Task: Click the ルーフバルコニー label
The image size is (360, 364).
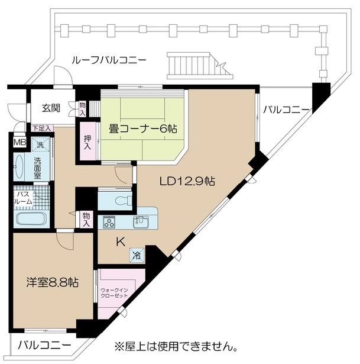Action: click(x=109, y=60)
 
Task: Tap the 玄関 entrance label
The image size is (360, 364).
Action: click(x=51, y=108)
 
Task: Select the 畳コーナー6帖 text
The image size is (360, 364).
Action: click(x=143, y=128)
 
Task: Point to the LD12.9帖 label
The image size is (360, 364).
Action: click(x=187, y=181)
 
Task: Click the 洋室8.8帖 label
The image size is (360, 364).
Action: click(x=52, y=282)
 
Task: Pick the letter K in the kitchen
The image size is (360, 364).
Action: click(x=121, y=242)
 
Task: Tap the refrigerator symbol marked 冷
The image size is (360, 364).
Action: click(x=137, y=255)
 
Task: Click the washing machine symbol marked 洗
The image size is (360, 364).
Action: click(x=41, y=145)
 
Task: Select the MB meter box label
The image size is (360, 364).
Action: click(x=20, y=142)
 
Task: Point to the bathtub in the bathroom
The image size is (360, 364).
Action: click(x=31, y=219)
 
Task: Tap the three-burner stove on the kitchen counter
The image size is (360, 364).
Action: click(x=109, y=221)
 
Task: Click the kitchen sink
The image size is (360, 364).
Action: click(x=141, y=222)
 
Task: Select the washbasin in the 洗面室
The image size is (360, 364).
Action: click(x=19, y=166)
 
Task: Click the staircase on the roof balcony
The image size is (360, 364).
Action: click(x=200, y=66)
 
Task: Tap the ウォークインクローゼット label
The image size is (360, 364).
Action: click(x=114, y=293)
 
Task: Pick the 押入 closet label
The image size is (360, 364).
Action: click(x=87, y=143)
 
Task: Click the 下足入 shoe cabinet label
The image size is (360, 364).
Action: click(x=41, y=128)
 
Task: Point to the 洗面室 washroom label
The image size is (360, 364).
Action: click(x=37, y=168)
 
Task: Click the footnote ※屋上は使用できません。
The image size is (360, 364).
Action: click(x=176, y=347)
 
